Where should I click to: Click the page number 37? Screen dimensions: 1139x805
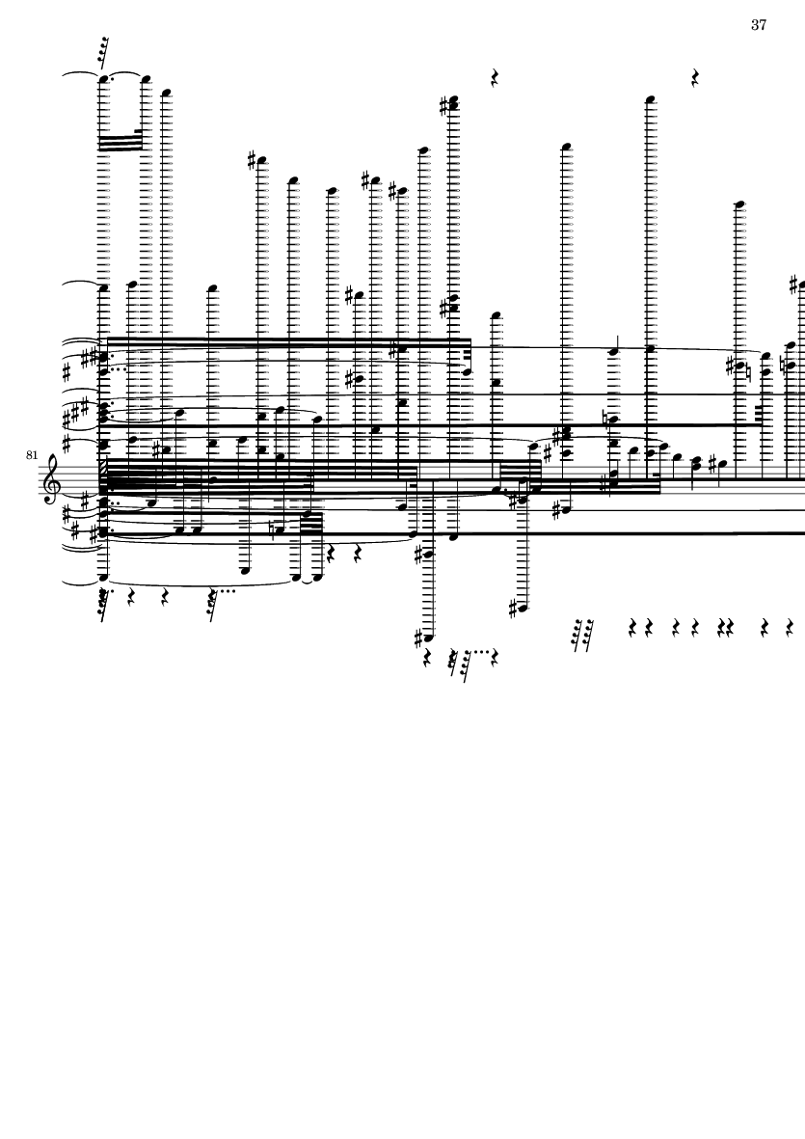pyautogui.click(x=759, y=25)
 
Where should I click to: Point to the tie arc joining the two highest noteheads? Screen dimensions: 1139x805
pyautogui.click(x=124, y=73)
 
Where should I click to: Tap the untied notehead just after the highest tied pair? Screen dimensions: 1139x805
pyautogui.click(x=166, y=94)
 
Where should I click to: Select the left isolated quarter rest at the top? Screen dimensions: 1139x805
pyautogui.click(x=495, y=78)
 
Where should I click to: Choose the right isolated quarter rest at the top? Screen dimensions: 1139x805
pyautogui.click(x=695, y=78)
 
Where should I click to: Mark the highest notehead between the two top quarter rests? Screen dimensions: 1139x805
pyautogui.click(x=567, y=147)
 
